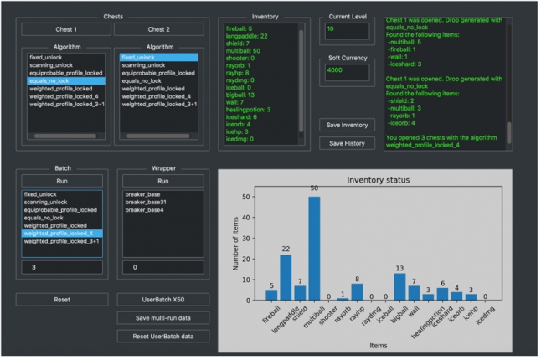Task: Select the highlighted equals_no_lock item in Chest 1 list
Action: (66, 81)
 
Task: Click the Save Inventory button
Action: (347, 125)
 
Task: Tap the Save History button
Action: (347, 143)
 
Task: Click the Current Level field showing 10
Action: (347, 29)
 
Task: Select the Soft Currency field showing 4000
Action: (347, 70)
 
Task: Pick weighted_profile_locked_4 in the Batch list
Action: (62, 234)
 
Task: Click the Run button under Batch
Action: (62, 181)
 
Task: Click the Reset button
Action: (62, 300)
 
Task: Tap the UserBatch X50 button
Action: (162, 300)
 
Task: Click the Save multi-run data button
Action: (162, 318)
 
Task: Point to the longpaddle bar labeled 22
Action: (285, 277)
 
